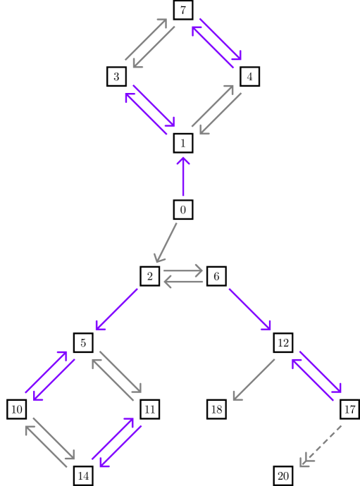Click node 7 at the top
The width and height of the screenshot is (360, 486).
click(183, 10)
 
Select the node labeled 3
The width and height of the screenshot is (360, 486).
click(117, 76)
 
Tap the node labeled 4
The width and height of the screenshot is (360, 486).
click(249, 76)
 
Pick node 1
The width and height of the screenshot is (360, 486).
click(183, 143)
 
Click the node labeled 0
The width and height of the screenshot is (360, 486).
click(183, 209)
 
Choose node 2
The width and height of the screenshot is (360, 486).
click(150, 276)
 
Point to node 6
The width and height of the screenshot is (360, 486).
click(216, 276)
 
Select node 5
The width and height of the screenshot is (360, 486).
click(84, 343)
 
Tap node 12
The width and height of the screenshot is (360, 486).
click(283, 343)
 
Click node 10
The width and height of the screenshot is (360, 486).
click(17, 409)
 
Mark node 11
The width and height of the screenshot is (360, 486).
click(150, 409)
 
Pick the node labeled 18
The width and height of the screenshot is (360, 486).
click(216, 409)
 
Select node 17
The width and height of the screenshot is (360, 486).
click(349, 409)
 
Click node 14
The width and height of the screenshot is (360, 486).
click(84, 476)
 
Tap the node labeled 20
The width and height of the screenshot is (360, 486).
click(283, 476)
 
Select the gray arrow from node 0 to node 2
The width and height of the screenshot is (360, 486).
click(166, 243)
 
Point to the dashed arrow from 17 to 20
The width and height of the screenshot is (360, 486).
click(320, 445)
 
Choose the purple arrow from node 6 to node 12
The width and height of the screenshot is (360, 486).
click(249, 309)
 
